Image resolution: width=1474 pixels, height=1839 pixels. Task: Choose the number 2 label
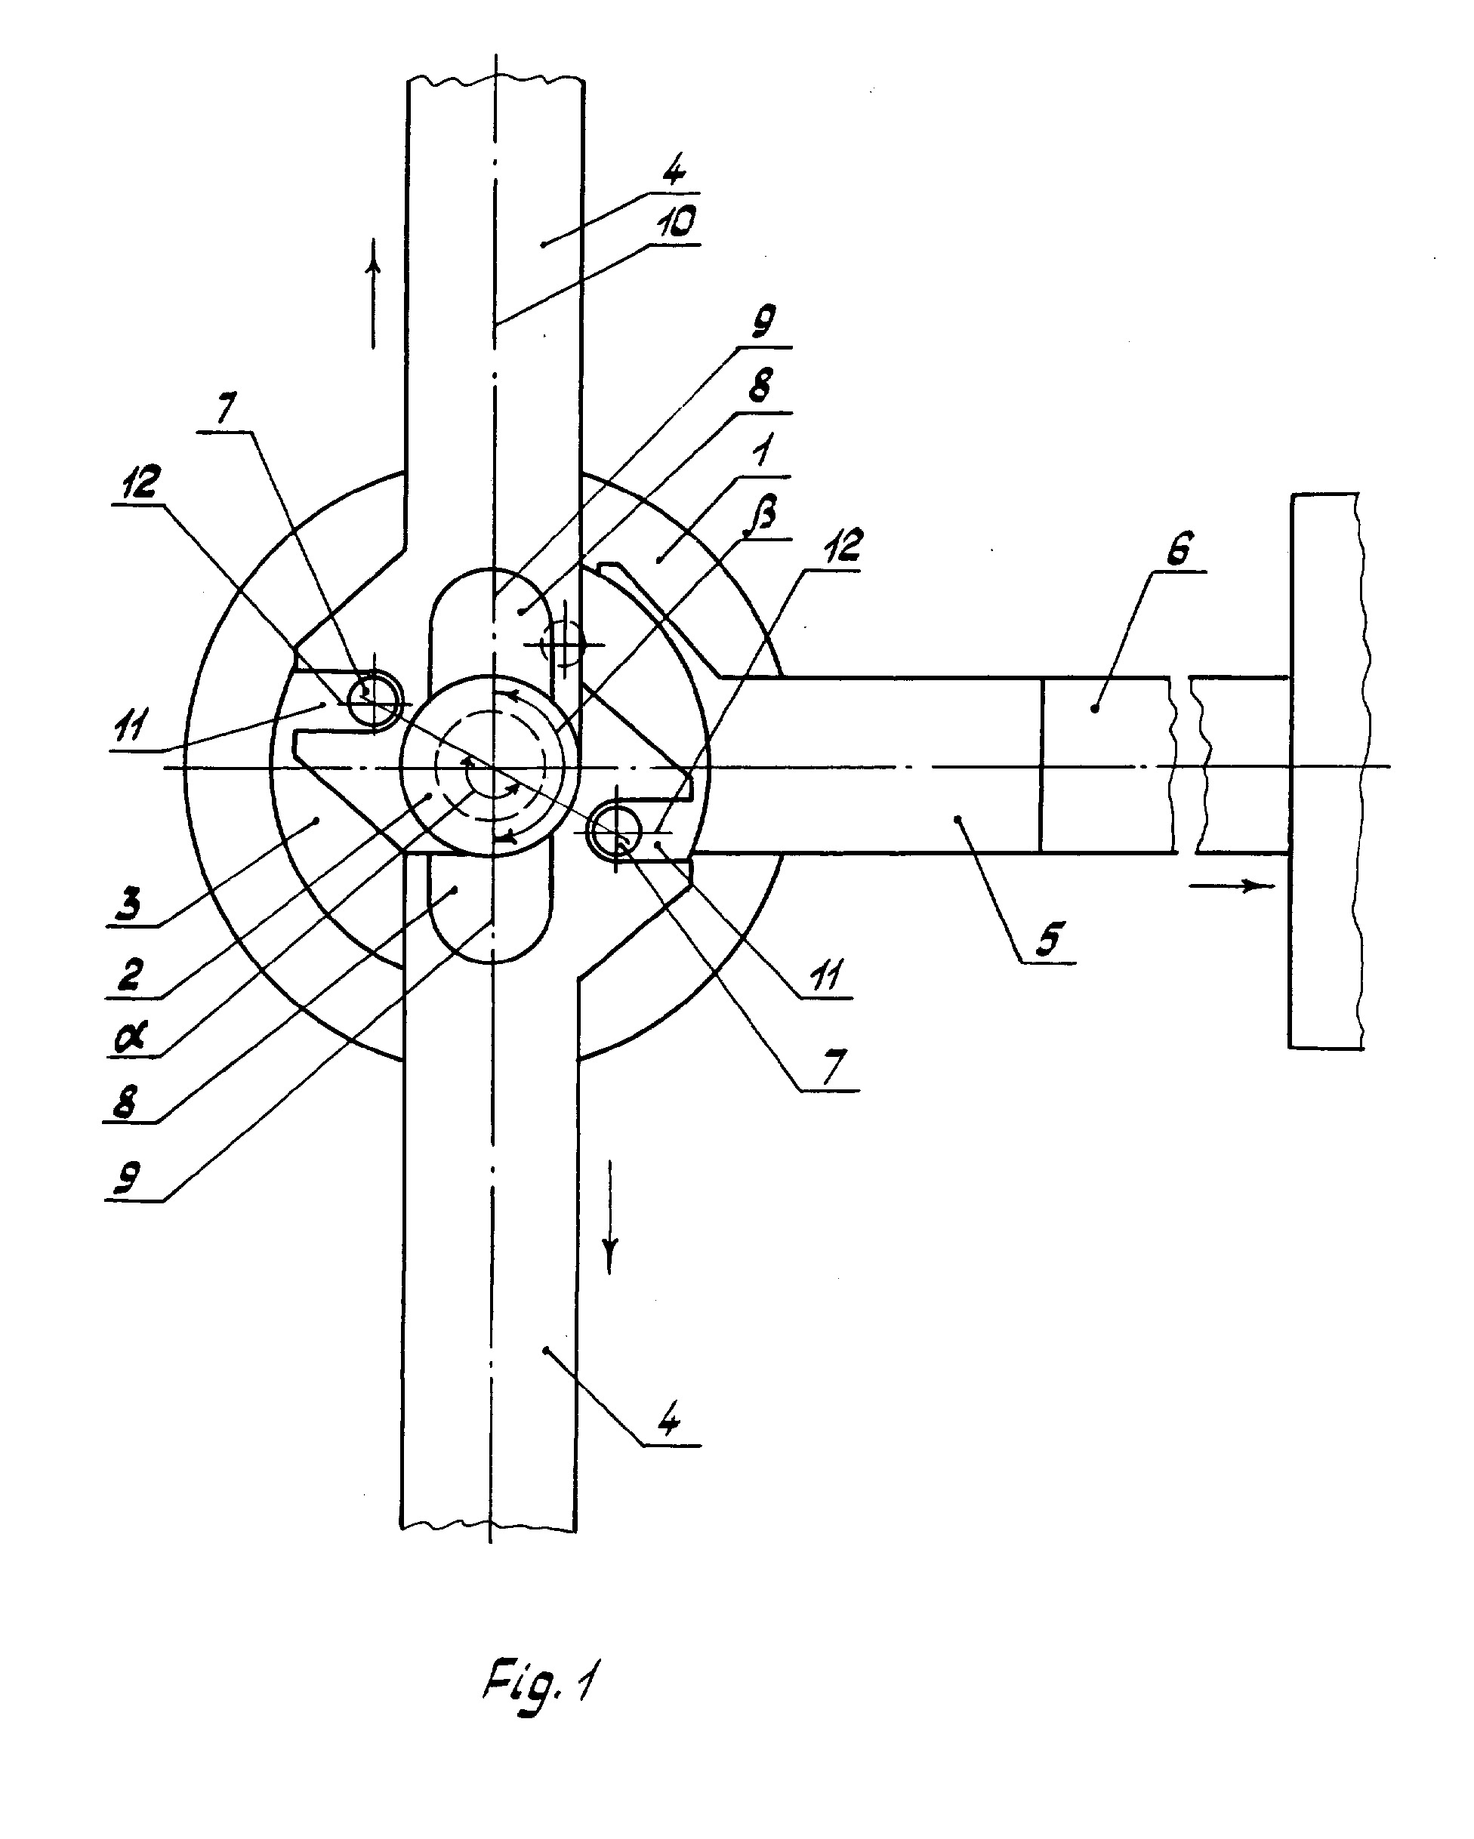pyautogui.click(x=130, y=974)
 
